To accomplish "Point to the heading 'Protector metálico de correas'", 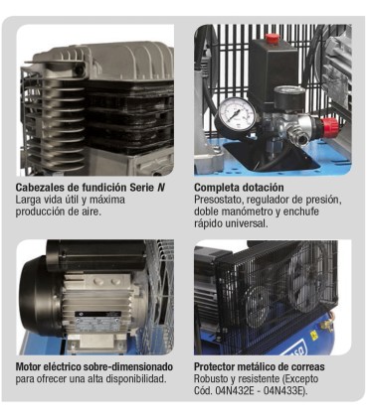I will (261, 366).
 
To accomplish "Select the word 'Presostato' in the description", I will (218, 199).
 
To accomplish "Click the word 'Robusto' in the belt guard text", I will (214, 378).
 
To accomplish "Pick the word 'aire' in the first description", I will (92, 210).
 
